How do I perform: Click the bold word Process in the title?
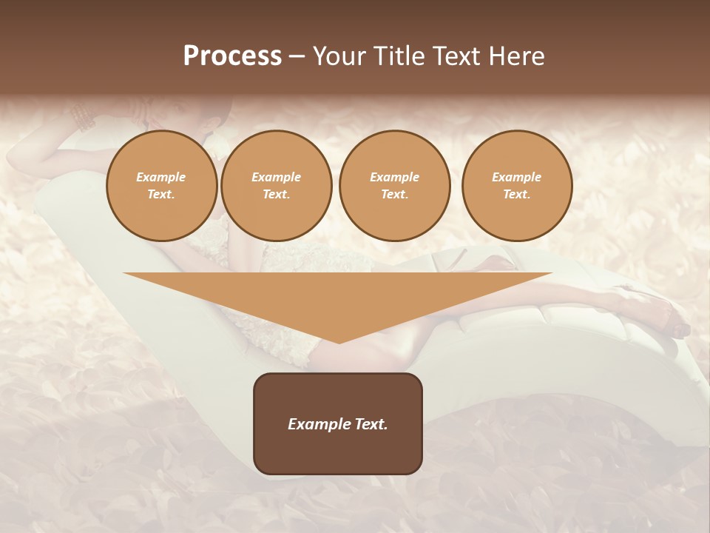tap(232, 56)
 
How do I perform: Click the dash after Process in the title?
tap(297, 57)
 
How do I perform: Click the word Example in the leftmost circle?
tap(161, 177)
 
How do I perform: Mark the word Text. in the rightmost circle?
tap(516, 194)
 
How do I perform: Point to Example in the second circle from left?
tap(276, 177)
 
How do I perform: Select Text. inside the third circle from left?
tap(394, 194)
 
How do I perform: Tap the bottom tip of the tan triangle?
tap(339, 341)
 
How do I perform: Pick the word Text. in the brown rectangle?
tap(371, 424)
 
